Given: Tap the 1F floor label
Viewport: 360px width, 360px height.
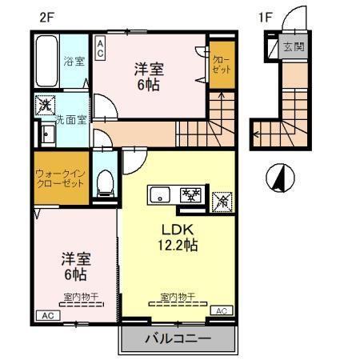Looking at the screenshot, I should [x=265, y=16].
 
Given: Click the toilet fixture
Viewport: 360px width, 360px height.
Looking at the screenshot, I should [x=103, y=181].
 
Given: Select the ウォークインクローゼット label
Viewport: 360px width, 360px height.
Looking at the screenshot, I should [x=61, y=178].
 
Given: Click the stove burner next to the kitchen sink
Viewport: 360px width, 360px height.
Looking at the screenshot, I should [x=191, y=194].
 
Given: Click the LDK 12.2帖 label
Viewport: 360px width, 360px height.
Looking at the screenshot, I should [x=177, y=237].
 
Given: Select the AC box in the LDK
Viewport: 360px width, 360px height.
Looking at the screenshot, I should [x=221, y=310].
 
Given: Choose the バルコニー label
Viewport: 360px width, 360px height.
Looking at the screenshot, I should [x=178, y=339].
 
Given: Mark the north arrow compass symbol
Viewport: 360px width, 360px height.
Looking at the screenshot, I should [x=279, y=177].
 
